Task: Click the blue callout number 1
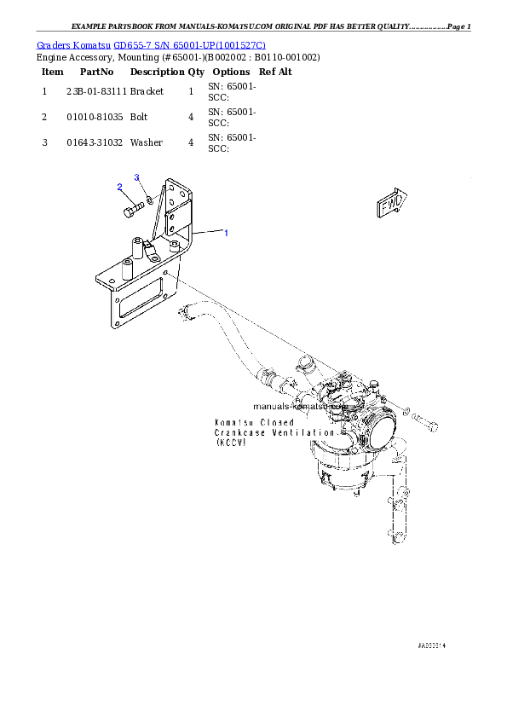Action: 226,232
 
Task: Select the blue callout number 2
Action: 119,187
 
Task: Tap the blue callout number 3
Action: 136,177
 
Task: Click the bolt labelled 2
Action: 133,207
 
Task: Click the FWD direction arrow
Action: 392,203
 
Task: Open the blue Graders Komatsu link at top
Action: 151,44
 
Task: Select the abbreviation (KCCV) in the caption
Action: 230,443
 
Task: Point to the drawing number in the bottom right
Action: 431,646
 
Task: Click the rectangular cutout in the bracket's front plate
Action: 141,298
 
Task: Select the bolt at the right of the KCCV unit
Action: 431,424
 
